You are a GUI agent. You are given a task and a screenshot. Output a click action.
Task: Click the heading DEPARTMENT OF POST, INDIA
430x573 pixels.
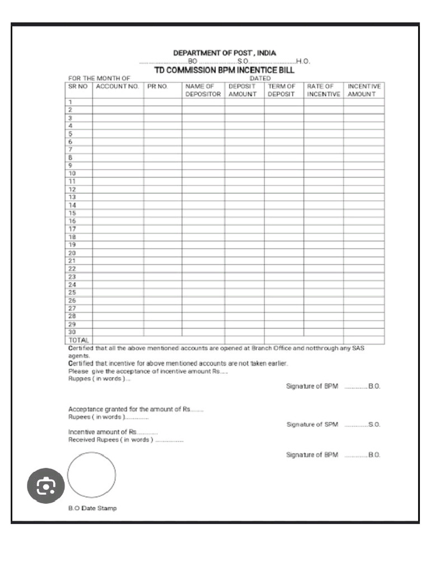[225, 53]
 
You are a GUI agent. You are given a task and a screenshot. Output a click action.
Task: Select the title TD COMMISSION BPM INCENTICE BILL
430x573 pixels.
[224, 71]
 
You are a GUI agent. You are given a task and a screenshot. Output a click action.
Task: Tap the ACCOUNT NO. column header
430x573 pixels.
[118, 87]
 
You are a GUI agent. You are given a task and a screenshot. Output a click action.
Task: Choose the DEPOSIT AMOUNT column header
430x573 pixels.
[242, 91]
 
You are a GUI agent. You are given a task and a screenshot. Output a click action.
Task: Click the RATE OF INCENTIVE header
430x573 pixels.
[323, 91]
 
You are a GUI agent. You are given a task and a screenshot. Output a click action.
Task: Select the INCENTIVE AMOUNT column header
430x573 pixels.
[364, 91]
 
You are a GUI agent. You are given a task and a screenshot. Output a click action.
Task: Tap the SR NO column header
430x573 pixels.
[78, 87]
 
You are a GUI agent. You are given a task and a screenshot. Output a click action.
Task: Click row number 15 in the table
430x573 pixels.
[72, 213]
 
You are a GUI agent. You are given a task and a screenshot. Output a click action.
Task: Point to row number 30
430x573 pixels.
[72, 332]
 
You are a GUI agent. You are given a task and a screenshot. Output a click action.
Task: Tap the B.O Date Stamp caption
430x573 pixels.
[92, 508]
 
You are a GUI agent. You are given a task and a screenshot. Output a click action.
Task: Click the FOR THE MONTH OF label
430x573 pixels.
[99, 78]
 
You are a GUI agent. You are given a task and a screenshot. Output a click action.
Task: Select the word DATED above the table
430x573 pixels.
[260, 78]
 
